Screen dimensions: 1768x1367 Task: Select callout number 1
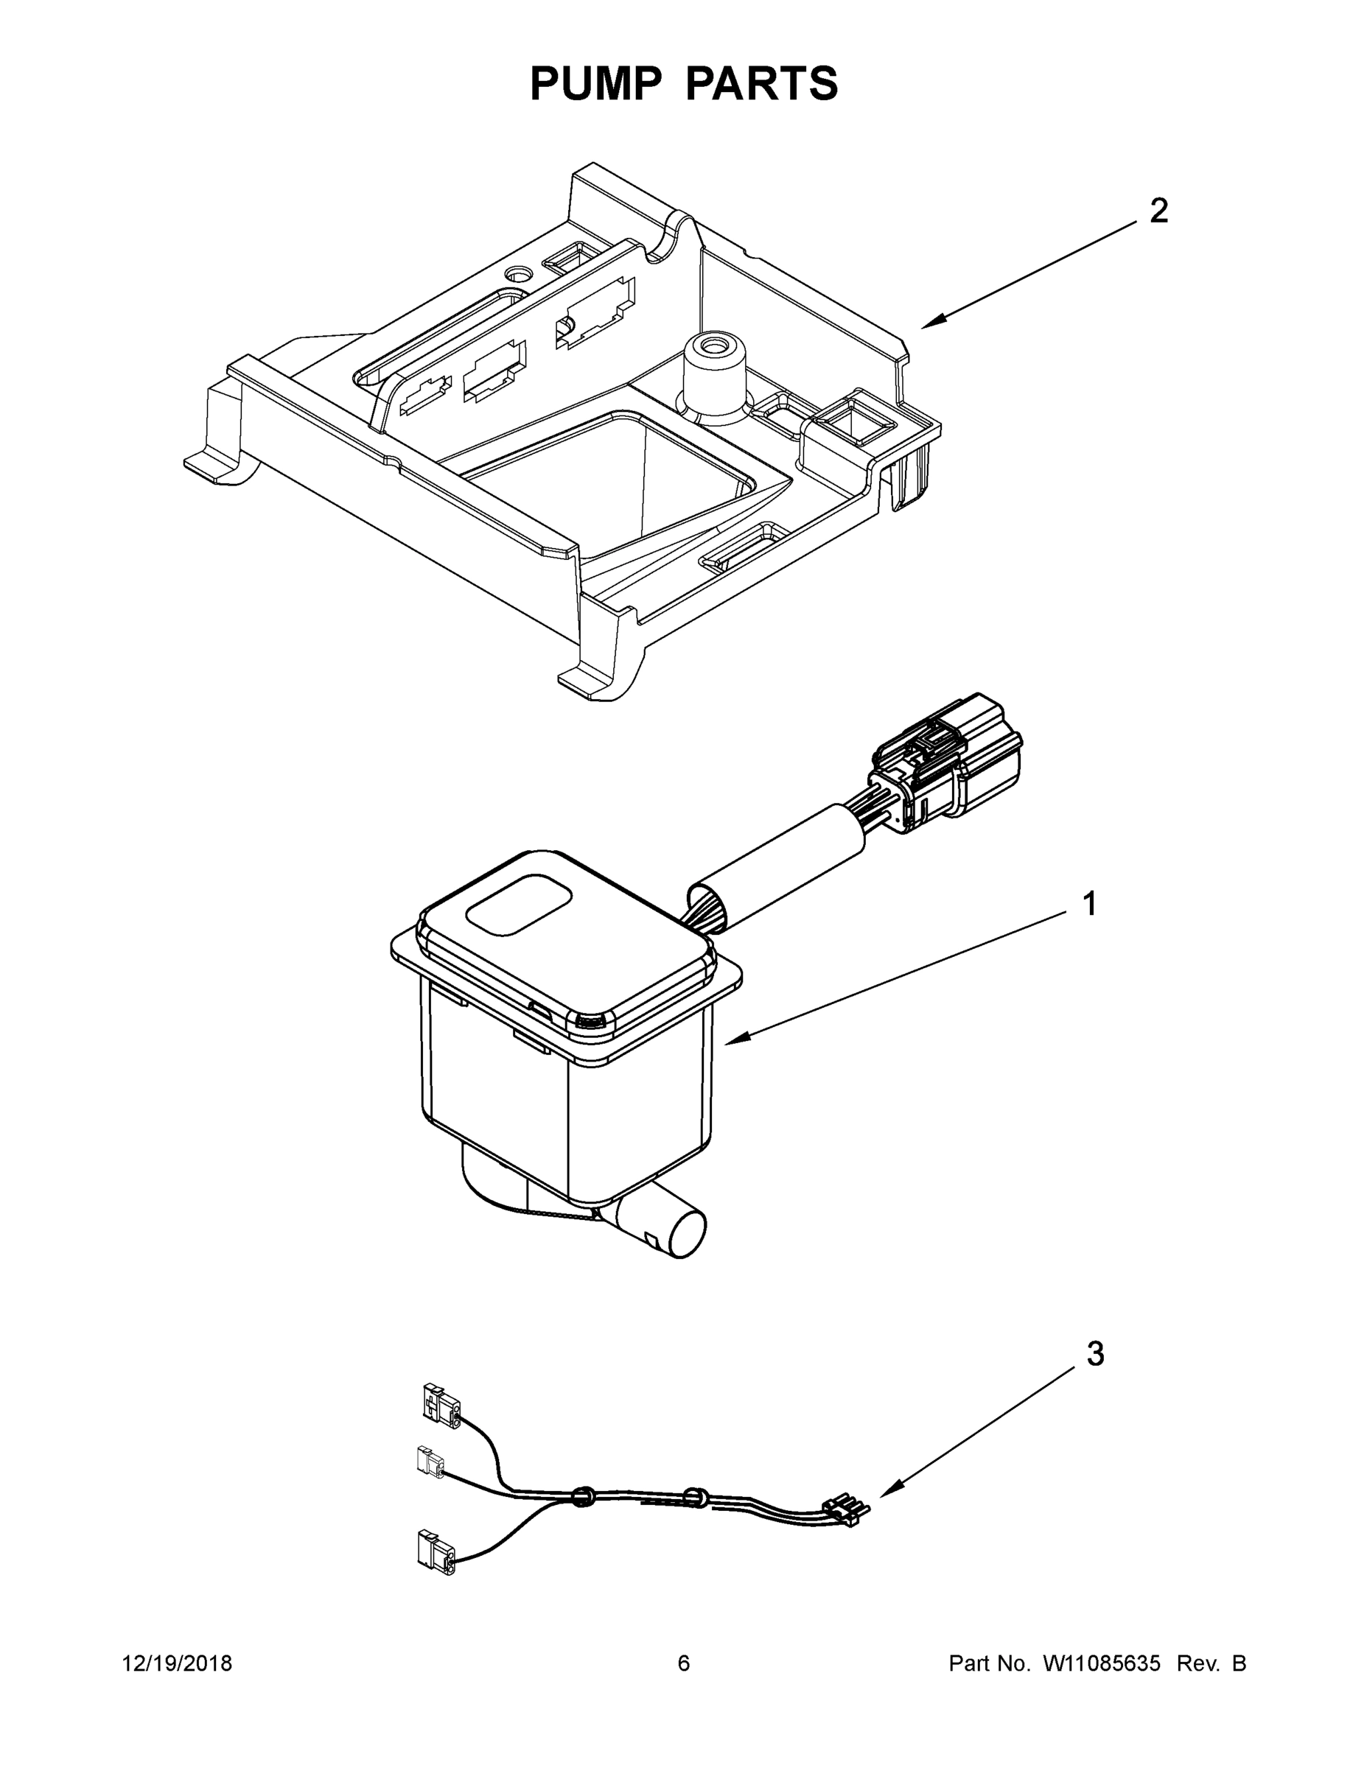point(1089,903)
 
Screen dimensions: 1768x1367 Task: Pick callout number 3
point(1095,1354)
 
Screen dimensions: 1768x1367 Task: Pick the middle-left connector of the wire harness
point(430,1463)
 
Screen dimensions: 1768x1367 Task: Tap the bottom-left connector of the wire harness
point(436,1552)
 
